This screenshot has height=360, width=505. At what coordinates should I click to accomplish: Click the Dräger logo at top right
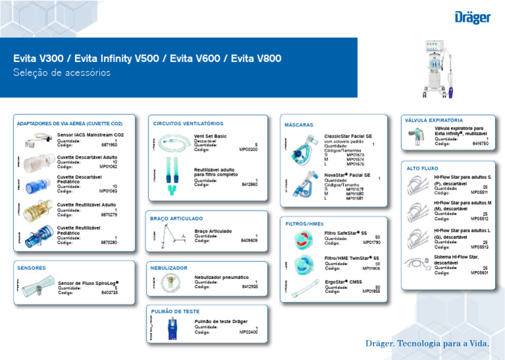pyautogui.click(x=472, y=16)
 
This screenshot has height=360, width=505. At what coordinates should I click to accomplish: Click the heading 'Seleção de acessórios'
pyautogui.click(x=62, y=73)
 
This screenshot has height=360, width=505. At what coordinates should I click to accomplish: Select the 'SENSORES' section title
pyautogui.click(x=32, y=268)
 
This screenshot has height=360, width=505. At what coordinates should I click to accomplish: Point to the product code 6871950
pyautogui.click(x=108, y=144)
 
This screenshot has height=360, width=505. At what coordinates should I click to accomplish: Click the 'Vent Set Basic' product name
pyautogui.click(x=210, y=136)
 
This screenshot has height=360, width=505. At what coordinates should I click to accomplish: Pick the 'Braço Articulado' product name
pyautogui.click(x=213, y=231)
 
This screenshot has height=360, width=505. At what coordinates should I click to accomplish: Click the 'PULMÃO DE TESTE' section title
pyautogui.click(x=175, y=311)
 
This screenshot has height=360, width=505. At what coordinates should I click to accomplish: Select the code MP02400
pyautogui.click(x=248, y=332)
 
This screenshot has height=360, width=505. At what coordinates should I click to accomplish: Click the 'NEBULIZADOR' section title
pyautogui.click(x=169, y=268)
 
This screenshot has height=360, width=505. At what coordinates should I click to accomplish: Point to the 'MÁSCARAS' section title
pyautogui.click(x=299, y=124)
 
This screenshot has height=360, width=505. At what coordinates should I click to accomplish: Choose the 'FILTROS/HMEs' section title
pyautogui.click(x=304, y=223)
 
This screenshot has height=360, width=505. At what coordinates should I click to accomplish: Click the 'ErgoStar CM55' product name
pyautogui.click(x=344, y=282)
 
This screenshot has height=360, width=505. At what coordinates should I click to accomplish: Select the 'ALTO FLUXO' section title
pyautogui.click(x=422, y=168)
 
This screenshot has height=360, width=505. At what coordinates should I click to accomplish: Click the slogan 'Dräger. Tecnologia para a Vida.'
pyautogui.click(x=427, y=344)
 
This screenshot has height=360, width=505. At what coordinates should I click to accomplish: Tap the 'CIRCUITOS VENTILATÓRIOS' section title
pyautogui.click(x=188, y=123)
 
